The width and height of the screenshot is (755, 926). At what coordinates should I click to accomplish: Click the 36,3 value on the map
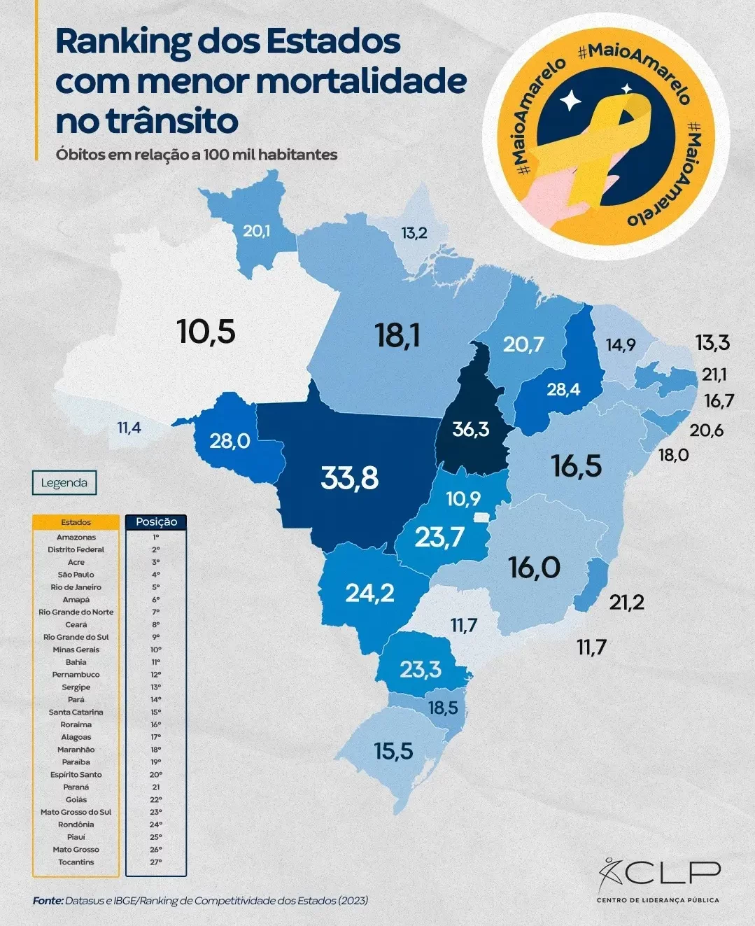[x=470, y=428]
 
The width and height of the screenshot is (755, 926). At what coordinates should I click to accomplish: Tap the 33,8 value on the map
[x=350, y=478]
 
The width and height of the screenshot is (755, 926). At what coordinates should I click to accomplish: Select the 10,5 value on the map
[x=206, y=331]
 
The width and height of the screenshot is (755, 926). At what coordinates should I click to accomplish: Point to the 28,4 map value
[x=563, y=389]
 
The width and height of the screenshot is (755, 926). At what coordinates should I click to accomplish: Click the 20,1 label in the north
[x=256, y=230]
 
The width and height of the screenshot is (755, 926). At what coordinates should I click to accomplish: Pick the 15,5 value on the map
[x=393, y=752]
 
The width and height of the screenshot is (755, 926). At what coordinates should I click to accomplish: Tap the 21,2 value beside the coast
[x=626, y=602]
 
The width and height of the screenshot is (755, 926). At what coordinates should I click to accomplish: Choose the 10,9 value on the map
[x=463, y=498]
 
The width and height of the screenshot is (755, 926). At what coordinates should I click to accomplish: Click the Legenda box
[x=64, y=483]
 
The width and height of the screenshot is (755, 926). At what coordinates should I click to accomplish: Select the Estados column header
[x=76, y=522]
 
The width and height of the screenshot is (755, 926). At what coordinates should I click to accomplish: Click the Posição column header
[x=156, y=522]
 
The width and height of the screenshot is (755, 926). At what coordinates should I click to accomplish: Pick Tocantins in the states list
[x=76, y=862]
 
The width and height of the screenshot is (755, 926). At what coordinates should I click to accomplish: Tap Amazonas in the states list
[x=76, y=538]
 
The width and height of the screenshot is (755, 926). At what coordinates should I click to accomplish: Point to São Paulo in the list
[x=76, y=575]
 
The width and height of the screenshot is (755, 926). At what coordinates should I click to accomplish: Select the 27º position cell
[x=156, y=862]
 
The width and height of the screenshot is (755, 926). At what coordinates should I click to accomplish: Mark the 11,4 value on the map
[x=129, y=428]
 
